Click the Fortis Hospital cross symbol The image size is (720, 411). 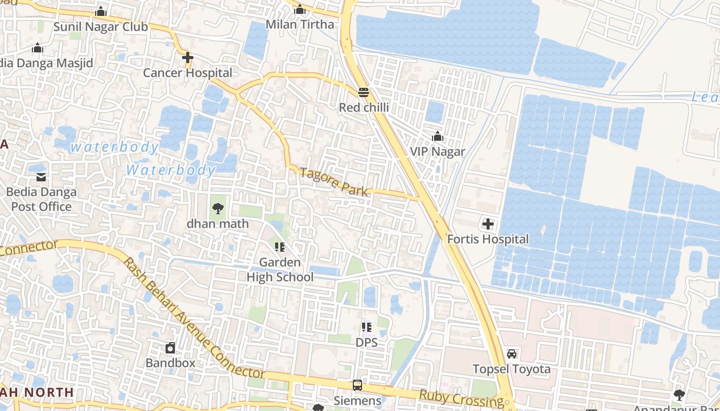488,224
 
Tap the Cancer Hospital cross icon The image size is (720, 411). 188,58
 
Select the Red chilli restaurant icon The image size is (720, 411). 364,92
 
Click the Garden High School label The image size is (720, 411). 280,270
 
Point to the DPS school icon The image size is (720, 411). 366,327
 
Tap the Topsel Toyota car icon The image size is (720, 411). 512,354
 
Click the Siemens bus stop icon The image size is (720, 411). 357,385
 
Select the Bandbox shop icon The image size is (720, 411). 170,348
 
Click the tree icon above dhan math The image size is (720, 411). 218,209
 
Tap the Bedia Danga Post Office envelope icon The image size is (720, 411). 41,177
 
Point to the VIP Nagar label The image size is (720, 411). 437,152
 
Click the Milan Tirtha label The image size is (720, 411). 300,24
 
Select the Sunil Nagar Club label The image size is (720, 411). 101,27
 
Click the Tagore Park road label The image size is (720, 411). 334,182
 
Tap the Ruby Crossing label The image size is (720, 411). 461,398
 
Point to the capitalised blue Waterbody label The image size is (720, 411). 170,170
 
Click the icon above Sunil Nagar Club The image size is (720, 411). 101,11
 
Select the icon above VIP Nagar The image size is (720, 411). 438,137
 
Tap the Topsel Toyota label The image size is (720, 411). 512,369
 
